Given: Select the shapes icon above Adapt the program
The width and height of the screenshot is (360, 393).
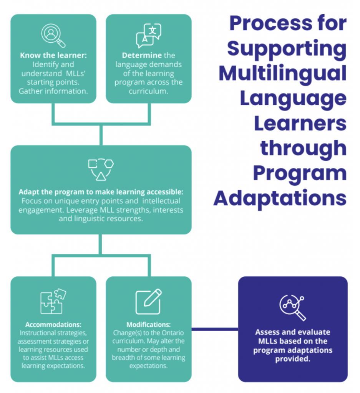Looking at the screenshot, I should [101, 169].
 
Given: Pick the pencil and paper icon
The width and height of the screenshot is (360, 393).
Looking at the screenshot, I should [148, 301].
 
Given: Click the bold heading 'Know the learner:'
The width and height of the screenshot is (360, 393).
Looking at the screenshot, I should [53, 56].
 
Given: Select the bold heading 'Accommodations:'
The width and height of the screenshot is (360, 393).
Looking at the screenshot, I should [53, 325].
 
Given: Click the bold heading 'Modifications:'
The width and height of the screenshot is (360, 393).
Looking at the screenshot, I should [148, 325].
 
